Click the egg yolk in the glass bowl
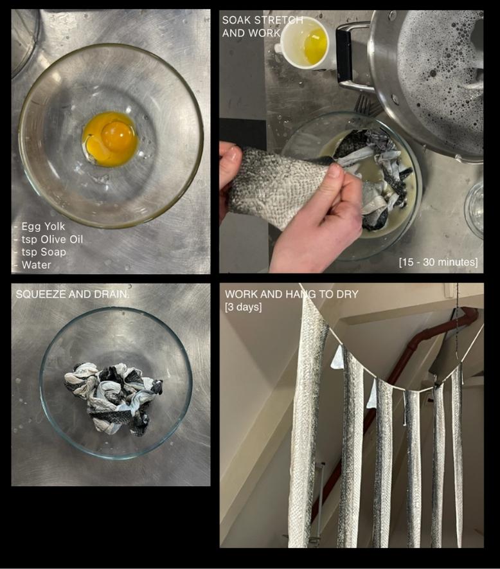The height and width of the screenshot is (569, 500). point(111,140)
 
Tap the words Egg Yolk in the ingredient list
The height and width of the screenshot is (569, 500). point(43,226)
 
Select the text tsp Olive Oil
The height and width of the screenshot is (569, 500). point(52,239)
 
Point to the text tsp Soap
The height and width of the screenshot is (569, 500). point(44,252)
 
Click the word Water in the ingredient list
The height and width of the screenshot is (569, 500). point(36,265)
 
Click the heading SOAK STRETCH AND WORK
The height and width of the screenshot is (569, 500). point(262,26)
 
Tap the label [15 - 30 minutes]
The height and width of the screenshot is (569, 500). point(438,262)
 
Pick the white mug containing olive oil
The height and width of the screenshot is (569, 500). point(302,44)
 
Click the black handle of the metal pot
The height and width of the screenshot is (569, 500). point(344,55)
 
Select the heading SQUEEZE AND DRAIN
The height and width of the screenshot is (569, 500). point(72,294)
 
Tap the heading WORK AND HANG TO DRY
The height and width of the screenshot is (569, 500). point(292,294)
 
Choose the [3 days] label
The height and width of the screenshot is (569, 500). point(243,307)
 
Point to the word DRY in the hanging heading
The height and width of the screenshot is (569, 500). point(347,294)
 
